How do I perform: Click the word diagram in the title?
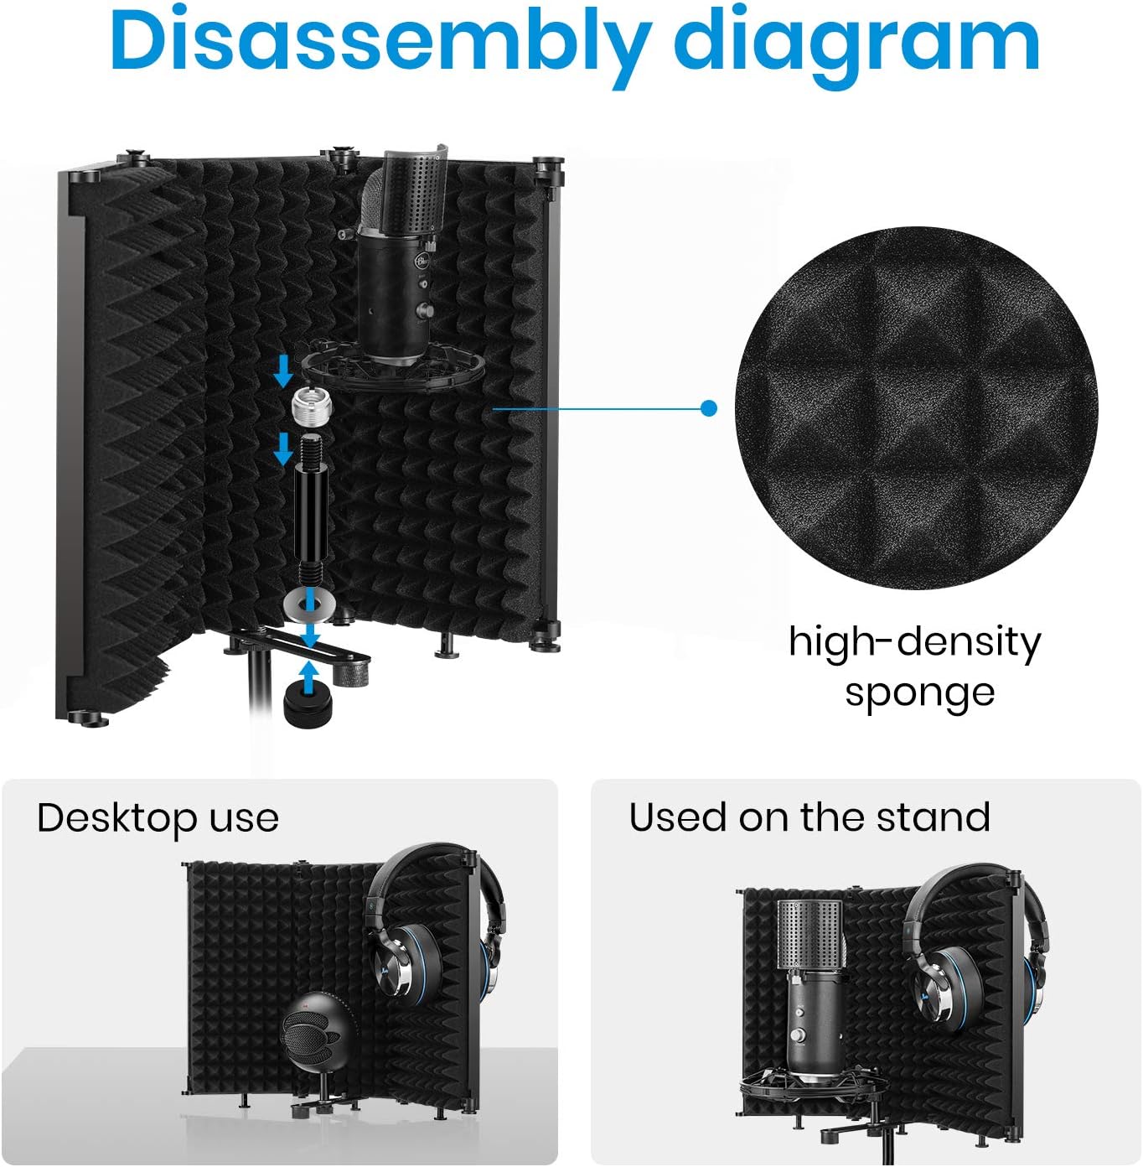pos(856,46)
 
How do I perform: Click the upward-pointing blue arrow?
pos(310,677)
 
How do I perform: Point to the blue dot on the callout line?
pos(708,408)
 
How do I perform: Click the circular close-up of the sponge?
pos(917,408)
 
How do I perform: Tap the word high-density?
pos(914,643)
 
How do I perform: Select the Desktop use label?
pos(158,819)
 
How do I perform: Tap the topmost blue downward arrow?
pos(282,371)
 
